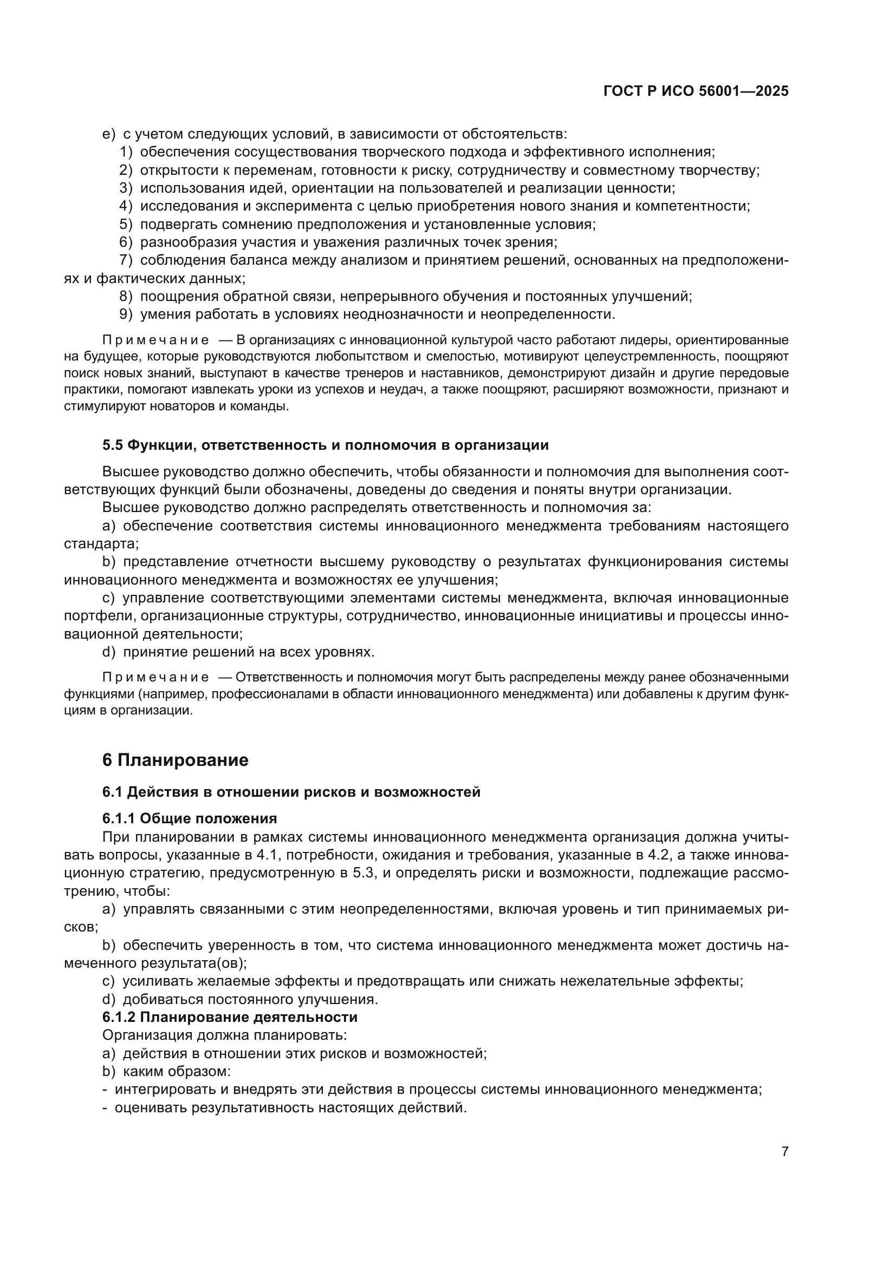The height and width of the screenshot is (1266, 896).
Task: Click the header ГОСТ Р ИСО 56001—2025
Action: pyautogui.click(x=696, y=91)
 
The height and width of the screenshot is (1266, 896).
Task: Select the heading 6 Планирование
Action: pyautogui.click(x=176, y=760)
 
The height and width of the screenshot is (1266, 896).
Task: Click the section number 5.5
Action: pyautogui.click(x=113, y=445)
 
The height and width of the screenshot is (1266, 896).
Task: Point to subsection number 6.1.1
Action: pyautogui.click(x=119, y=818)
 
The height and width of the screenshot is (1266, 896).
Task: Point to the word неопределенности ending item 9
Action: pyautogui.click(x=546, y=314)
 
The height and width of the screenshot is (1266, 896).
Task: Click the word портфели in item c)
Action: pyautogui.click(x=88, y=616)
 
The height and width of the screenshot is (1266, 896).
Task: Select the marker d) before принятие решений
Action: pyautogui.click(x=109, y=652)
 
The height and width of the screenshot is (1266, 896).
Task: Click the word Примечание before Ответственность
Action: pyautogui.click(x=155, y=677)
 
